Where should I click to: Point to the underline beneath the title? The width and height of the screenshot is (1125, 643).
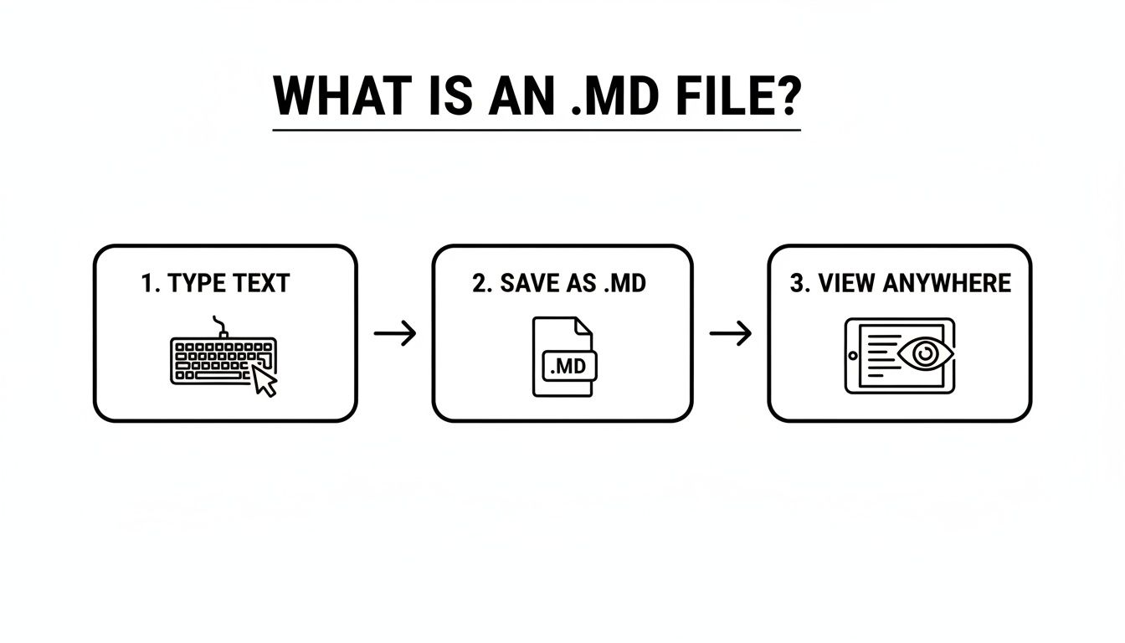click(x=537, y=131)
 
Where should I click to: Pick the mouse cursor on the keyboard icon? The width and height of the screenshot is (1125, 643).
click(x=265, y=381)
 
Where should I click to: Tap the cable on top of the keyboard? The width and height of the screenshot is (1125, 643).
click(x=220, y=325)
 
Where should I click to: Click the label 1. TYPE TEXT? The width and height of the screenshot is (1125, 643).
click(x=215, y=284)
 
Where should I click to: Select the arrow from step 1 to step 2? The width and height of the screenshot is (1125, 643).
click(x=395, y=334)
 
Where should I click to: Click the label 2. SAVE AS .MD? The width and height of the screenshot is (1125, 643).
click(x=559, y=283)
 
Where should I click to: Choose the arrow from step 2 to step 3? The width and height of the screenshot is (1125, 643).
click(x=730, y=334)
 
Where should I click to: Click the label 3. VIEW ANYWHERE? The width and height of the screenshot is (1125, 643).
click(x=900, y=283)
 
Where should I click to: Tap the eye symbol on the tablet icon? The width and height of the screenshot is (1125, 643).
click(x=924, y=355)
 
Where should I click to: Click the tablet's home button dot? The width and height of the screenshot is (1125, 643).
click(x=852, y=356)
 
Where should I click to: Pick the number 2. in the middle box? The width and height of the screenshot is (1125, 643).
click(x=481, y=283)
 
